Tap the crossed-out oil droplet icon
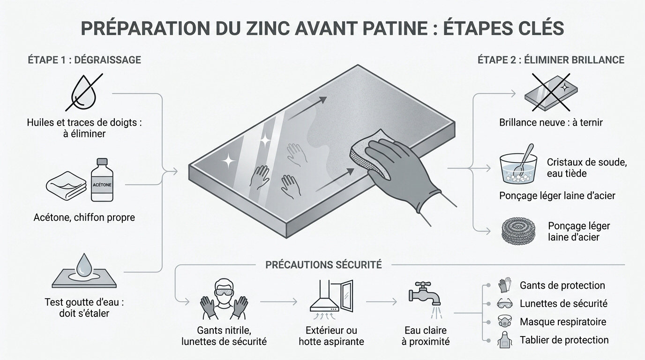coord(83,92)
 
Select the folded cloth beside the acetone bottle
coord(66,187)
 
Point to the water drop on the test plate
coord(84,265)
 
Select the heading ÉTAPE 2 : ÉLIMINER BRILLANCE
coord(551,60)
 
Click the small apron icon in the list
coord(502,340)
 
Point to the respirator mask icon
coord(502,322)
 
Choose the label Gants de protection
coord(562,285)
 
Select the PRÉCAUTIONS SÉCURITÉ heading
coord(323,265)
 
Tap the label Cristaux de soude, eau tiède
coord(586,168)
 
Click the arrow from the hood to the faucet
coord(381,302)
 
